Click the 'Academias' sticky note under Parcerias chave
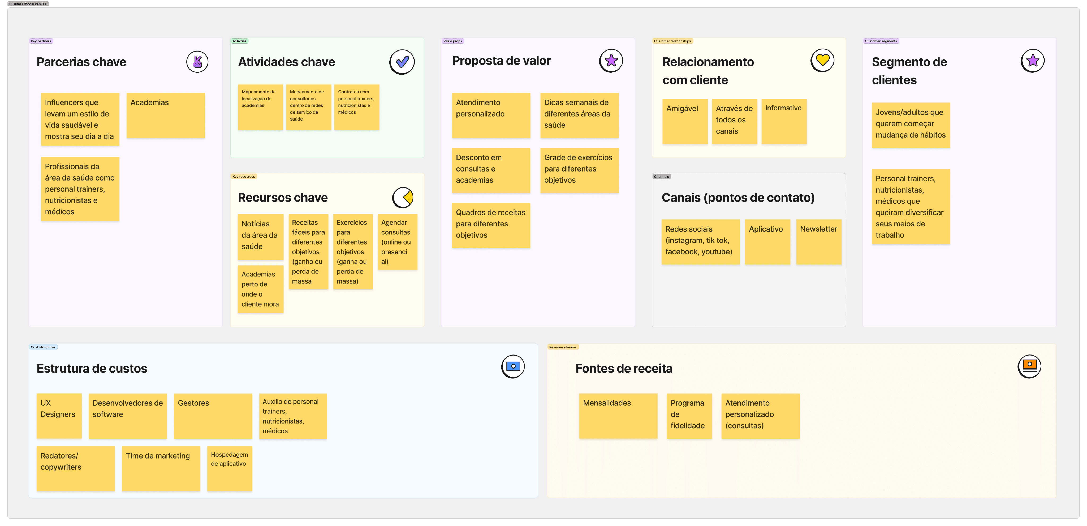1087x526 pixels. [x=165, y=115]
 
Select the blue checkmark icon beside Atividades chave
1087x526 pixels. [x=402, y=62]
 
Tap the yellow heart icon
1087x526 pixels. [x=822, y=60]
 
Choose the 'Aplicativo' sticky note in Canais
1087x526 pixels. [x=767, y=242]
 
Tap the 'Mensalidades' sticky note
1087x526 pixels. [x=618, y=416]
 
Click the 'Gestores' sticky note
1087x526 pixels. [x=213, y=416]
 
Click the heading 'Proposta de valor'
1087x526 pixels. [x=501, y=61]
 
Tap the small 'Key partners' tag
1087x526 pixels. [x=41, y=41]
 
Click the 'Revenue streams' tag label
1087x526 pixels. [x=563, y=347]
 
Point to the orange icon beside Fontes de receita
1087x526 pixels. [x=1029, y=366]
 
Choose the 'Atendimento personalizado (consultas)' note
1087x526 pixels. [x=760, y=416]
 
